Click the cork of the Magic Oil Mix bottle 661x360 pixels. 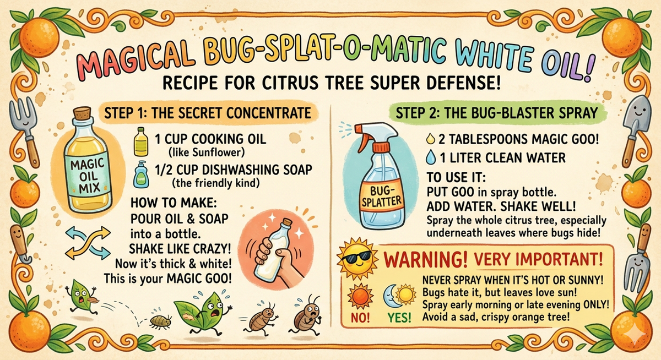pyautogui.click(x=82, y=113)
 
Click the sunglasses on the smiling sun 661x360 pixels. pyautogui.click(x=356, y=255)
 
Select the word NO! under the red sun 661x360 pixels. pyautogui.click(x=360, y=318)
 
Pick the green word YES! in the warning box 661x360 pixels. pyautogui.click(x=399, y=318)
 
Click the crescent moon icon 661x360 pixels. pyautogui.click(x=389, y=297)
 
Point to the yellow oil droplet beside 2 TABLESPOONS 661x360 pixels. pyautogui.click(x=431, y=139)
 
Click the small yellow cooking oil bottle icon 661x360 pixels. pyautogui.click(x=141, y=142)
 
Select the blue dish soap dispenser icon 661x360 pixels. pyautogui.click(x=141, y=174)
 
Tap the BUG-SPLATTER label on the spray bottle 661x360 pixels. pyautogui.click(x=381, y=197)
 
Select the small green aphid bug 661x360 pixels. pyautogui.click(x=160, y=321)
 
